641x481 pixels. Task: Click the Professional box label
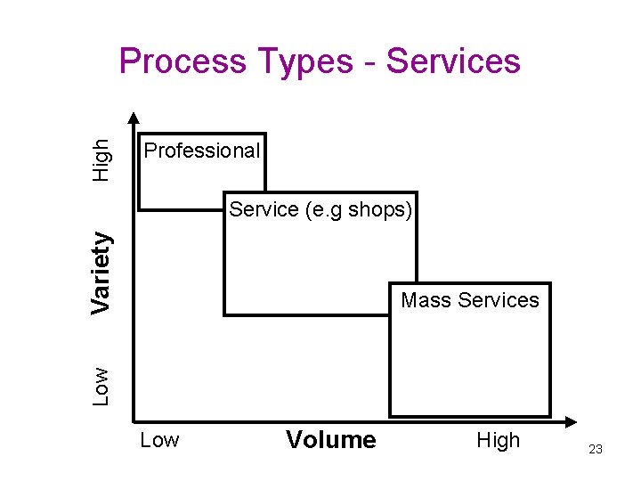[202, 151]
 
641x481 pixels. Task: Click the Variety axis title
[102, 272]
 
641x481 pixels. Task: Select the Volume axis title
[331, 440]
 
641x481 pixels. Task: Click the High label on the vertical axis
[102, 159]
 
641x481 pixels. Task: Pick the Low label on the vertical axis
[102, 387]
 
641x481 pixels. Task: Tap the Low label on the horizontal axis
[159, 440]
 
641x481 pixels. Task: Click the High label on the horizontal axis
[499, 440]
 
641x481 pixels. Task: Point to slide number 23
[596, 450]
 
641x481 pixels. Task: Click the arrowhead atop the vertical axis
[134, 117]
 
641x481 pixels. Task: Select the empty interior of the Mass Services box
[469, 365]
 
